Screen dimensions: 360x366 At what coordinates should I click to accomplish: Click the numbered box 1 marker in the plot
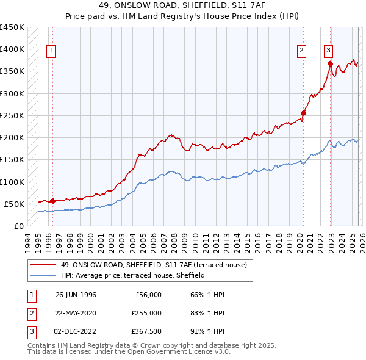click(x=51, y=51)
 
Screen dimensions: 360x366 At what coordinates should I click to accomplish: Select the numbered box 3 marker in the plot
click(x=329, y=51)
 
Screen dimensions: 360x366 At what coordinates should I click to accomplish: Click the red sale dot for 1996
click(x=52, y=201)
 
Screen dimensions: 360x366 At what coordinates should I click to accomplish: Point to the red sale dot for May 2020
click(x=303, y=113)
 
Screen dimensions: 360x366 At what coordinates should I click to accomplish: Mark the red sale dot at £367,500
click(x=330, y=63)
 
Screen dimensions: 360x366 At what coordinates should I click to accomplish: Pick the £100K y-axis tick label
click(x=12, y=182)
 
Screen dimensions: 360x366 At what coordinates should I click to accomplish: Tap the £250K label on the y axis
click(x=12, y=115)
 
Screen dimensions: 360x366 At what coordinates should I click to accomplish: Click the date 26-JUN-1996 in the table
click(x=76, y=295)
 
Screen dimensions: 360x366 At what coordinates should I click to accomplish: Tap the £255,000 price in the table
click(x=146, y=313)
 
